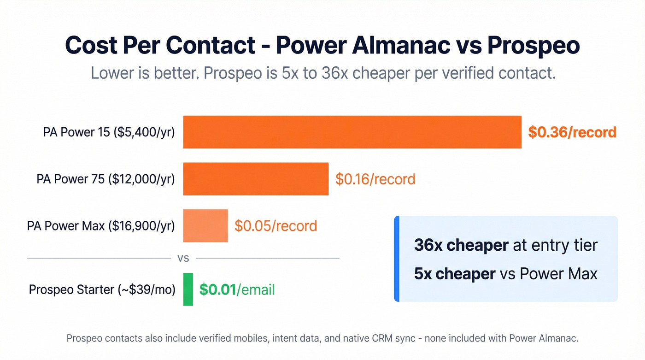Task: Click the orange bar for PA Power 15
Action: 352,132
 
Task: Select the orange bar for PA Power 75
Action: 256,179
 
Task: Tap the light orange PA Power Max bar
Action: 205,226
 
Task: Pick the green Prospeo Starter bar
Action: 188,289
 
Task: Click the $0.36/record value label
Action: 572,132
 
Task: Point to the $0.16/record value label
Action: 375,179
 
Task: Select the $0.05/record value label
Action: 276,226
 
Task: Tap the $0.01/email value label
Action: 237,289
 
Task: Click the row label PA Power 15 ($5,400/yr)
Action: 109,132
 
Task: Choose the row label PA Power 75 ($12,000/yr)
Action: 106,179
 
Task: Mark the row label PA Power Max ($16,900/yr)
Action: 101,226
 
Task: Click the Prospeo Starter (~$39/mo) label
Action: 102,289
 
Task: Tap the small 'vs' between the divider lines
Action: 183,259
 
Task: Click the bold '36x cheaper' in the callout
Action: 461,245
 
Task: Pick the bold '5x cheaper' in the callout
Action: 454,274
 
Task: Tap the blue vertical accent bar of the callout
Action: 397,259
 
